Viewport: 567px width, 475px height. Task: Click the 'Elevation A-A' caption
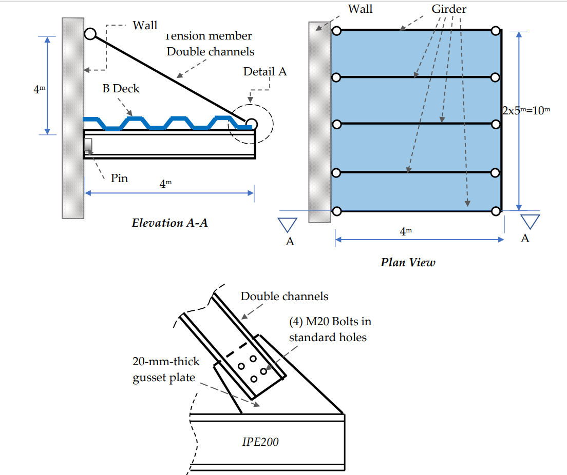(x=169, y=223)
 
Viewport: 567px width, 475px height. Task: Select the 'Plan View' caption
(x=407, y=262)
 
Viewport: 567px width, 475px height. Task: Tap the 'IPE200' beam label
(x=260, y=442)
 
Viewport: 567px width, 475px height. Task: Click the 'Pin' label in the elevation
(x=119, y=179)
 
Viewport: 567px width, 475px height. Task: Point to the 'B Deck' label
(x=121, y=88)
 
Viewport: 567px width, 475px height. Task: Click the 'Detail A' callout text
(x=265, y=71)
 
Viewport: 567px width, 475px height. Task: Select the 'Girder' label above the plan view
(x=449, y=9)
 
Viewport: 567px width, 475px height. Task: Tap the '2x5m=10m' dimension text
(x=525, y=110)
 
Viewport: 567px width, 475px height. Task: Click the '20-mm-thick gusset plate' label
(x=166, y=370)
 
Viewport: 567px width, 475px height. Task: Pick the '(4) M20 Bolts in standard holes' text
(x=330, y=329)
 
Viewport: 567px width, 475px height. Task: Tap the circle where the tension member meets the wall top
(x=90, y=34)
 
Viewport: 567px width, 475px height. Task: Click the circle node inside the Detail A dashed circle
(x=251, y=124)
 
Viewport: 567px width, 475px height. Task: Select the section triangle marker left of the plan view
(x=288, y=225)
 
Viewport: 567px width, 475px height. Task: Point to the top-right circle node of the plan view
(x=495, y=31)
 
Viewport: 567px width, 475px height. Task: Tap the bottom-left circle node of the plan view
(x=336, y=211)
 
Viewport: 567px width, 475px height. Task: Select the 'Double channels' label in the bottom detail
(x=284, y=296)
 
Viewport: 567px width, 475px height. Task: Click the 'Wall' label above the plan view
(x=360, y=9)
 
